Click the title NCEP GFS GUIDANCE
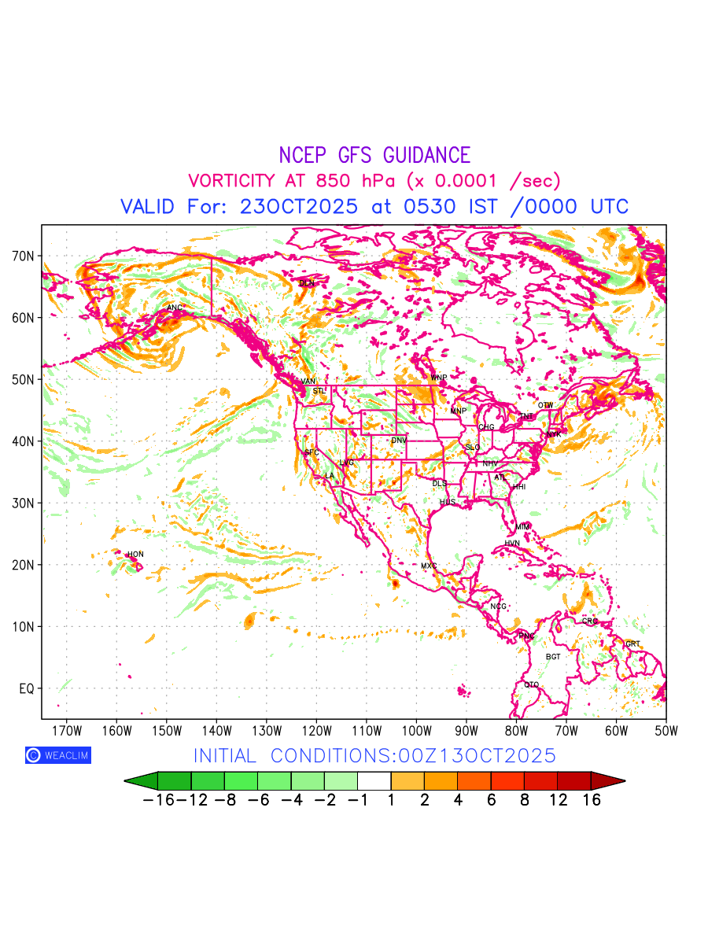[x=374, y=156]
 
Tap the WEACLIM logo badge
[x=57, y=755]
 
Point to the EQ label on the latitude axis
[x=28, y=688]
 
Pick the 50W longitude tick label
[x=666, y=729]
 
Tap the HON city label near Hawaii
[x=135, y=555]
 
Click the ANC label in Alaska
[x=175, y=308]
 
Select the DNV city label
[x=399, y=441]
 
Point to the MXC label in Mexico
[x=429, y=566]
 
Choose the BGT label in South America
[x=553, y=657]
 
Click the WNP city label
[x=438, y=378]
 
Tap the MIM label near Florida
[x=522, y=526]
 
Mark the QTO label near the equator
[x=532, y=685]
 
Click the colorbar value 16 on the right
[x=592, y=800]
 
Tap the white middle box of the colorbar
[x=374, y=781]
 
